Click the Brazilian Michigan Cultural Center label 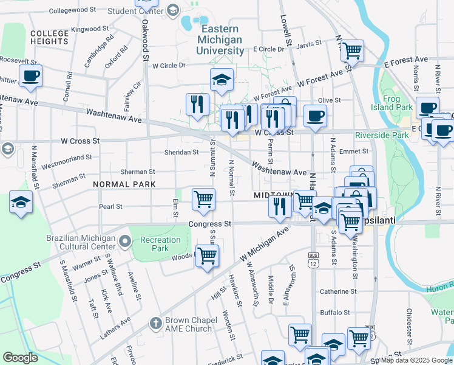point(81,243)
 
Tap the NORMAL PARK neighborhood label point(124,184)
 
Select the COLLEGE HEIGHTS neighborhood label point(49,36)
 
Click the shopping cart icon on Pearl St point(203,199)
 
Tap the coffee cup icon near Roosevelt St point(30,76)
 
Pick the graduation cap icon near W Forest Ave point(222,79)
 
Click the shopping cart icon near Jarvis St point(351,50)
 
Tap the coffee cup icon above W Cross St point(314,116)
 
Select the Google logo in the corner point(20,358)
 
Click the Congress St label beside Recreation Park point(210,224)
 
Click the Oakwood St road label point(146,41)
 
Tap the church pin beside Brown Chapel point(155,323)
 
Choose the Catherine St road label point(336,291)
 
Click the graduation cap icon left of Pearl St point(21,203)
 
